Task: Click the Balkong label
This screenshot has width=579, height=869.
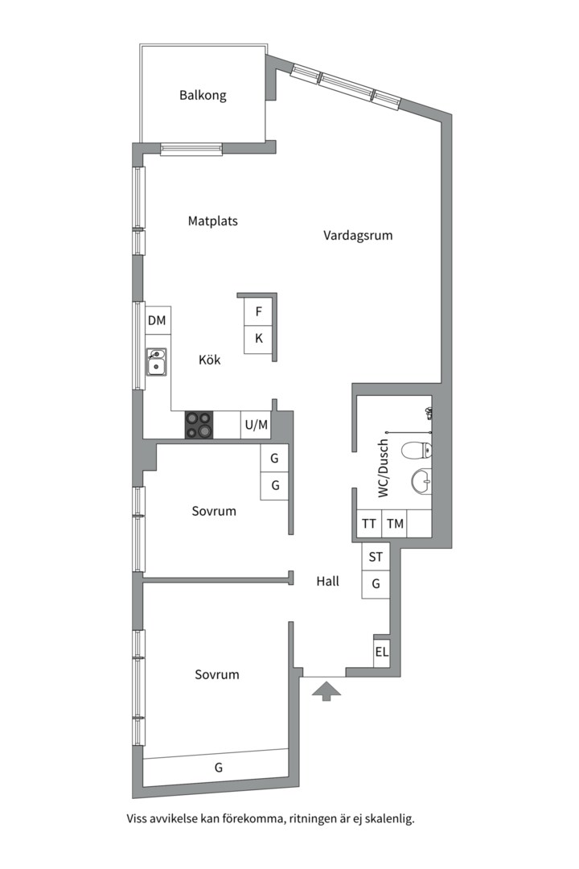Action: pos(203,95)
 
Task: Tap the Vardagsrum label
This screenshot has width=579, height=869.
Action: pos(358,236)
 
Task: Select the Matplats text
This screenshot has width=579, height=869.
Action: pos(213,221)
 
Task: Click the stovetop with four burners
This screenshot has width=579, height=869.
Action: pos(199,425)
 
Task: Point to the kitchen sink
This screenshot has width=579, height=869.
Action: pos(156,361)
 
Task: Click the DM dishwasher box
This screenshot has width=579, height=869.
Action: pos(158,320)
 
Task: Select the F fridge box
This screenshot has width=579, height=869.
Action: pos(259,312)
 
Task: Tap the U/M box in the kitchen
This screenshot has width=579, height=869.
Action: pos(256,425)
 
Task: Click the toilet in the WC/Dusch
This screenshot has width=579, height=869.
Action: pos(416,451)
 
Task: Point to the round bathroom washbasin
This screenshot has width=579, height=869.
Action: pos(421,480)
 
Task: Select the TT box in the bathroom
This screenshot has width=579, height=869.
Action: pos(369,524)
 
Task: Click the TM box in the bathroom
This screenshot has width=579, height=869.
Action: pos(395,524)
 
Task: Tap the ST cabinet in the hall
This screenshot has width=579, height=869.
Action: pos(376,557)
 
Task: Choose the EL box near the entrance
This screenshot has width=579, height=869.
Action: pos(382,653)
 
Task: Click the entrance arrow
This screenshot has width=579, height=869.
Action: pos(326,692)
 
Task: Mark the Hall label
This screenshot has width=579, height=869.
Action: pos(327,582)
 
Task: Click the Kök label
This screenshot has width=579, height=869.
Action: pos(209,360)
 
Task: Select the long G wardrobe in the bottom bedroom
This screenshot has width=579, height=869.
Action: pos(216,768)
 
